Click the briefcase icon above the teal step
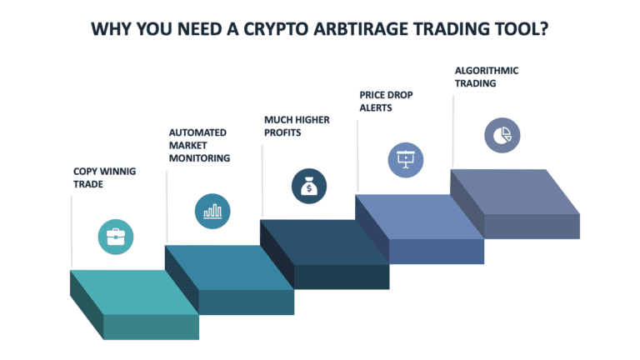(115, 237)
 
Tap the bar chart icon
(212, 211)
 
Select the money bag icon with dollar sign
(309, 187)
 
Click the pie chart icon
(502, 135)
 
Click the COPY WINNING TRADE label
(104, 177)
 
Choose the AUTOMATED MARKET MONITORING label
(199, 144)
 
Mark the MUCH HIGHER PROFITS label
(297, 126)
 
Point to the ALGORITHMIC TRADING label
(487, 77)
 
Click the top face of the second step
(229, 267)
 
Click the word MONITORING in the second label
(199, 157)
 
